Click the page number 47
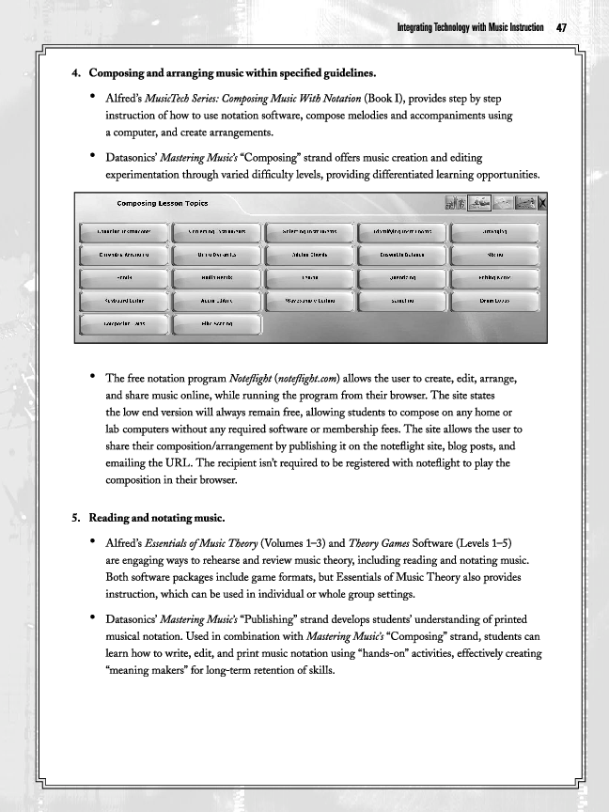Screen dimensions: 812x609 click(x=561, y=27)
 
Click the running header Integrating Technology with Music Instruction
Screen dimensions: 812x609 click(x=471, y=27)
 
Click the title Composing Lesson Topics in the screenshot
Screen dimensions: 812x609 click(x=163, y=204)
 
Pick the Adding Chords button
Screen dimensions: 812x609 click(x=309, y=254)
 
